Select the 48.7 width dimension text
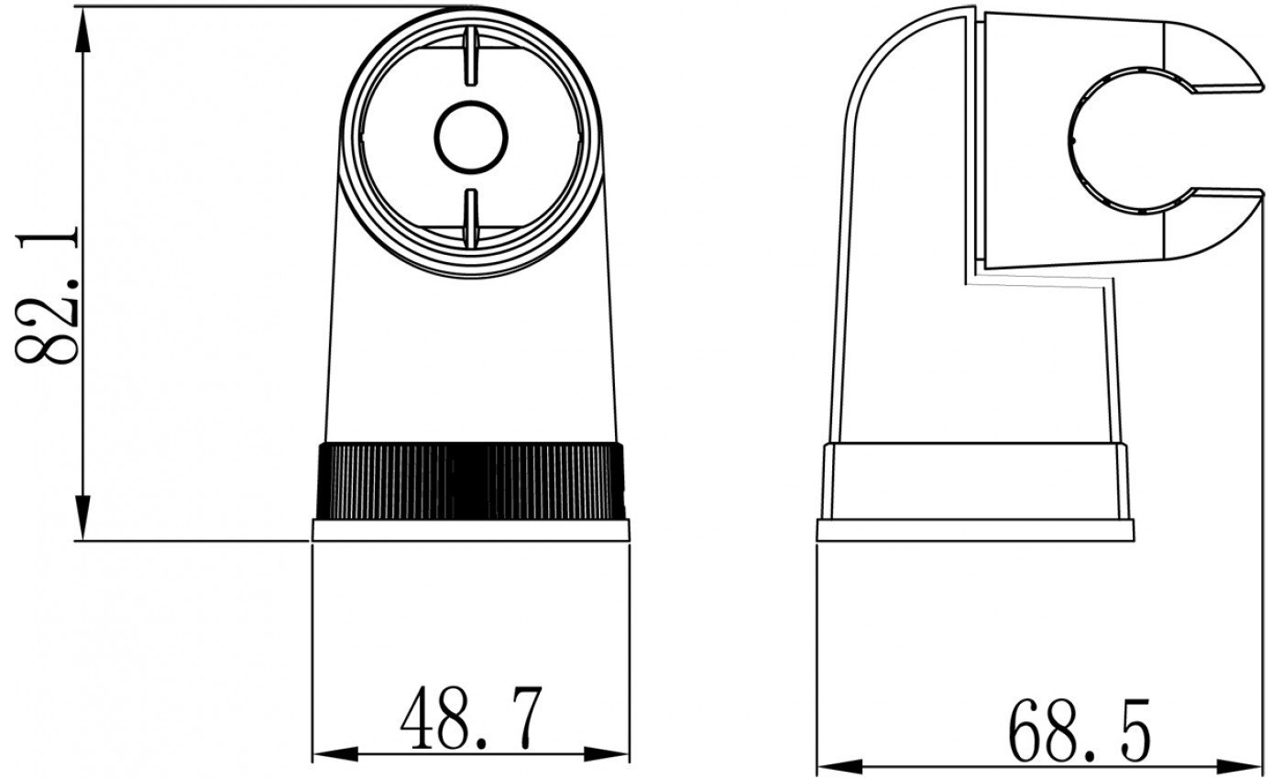tap(471, 718)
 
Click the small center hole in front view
tap(471, 137)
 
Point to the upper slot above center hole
tap(471, 56)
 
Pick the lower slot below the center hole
tap(471, 219)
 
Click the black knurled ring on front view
tap(470, 481)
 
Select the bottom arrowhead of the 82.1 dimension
tap(83, 518)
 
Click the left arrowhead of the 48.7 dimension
tap(335, 753)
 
